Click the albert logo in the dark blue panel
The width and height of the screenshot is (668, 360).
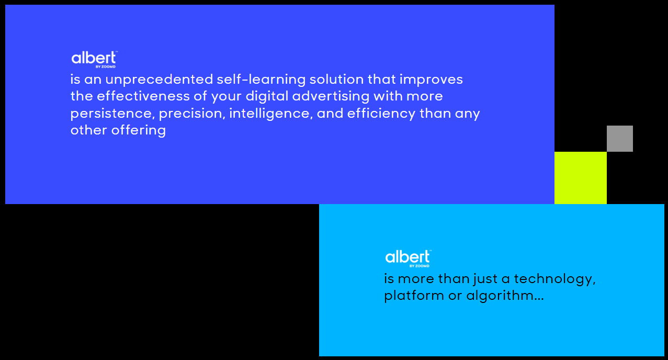point(94,59)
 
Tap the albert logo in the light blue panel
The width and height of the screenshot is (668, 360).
point(408,258)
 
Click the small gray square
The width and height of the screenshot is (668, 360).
point(620,139)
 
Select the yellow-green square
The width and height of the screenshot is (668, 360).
point(581,178)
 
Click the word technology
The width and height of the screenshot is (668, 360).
point(554,279)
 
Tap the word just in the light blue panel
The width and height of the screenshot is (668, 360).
point(485,279)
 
